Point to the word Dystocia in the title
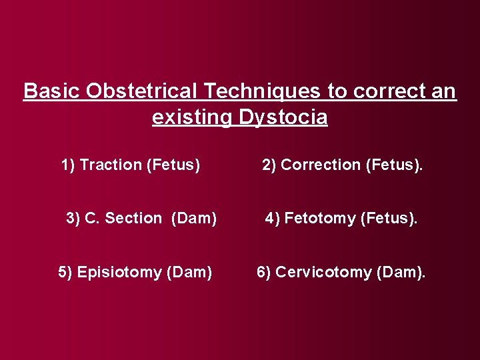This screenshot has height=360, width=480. coord(283,118)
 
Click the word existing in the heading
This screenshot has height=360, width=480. coord(192,118)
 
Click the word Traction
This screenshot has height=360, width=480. coord(111,165)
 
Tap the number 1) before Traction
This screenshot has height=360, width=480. coord(68,165)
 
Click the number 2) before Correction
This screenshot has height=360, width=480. coord(269,165)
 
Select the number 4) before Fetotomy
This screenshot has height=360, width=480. coord(273,218)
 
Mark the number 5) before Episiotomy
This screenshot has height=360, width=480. coord(65,272)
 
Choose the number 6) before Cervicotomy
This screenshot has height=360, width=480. coord(264,272)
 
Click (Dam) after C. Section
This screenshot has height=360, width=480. coord(194,218)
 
